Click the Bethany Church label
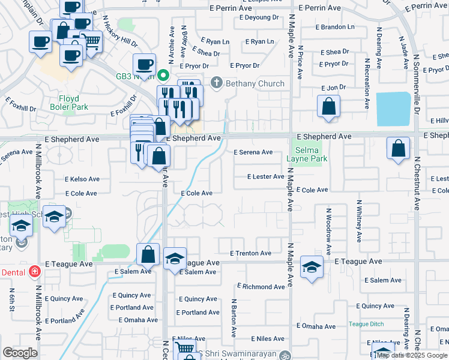pos(255,83)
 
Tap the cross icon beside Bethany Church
pos(217,83)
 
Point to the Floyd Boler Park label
pos(73,103)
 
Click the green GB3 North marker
pos(163,75)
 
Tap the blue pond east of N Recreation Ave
pos(393,109)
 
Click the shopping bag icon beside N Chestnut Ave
pos(398,149)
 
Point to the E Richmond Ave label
pos(263,287)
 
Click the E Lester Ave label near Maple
pos(266,176)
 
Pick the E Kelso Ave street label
pos(82,179)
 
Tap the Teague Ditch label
pos(366,324)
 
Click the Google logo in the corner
pos(20,353)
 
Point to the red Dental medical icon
pos(34,272)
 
